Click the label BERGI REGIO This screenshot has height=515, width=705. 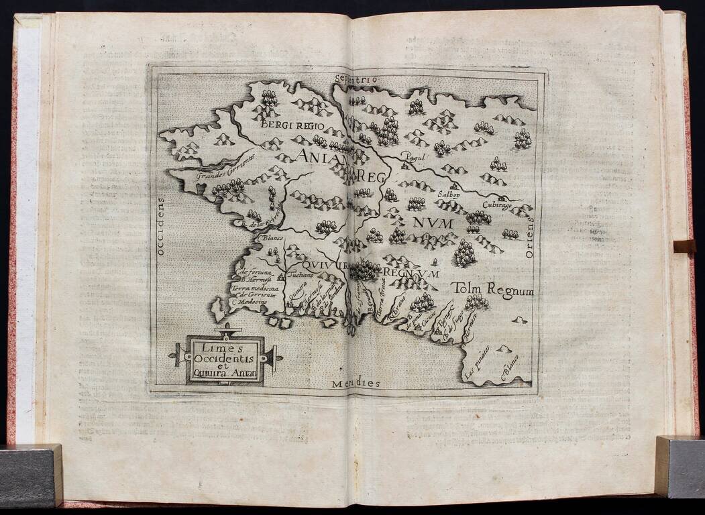(292, 125)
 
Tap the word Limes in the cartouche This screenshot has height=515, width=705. (225, 347)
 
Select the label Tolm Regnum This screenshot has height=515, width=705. (492, 289)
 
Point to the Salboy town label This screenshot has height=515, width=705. (450, 194)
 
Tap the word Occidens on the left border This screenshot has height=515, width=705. (160, 227)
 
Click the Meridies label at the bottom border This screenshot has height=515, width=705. (356, 384)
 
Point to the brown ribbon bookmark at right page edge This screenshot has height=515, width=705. (684, 246)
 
